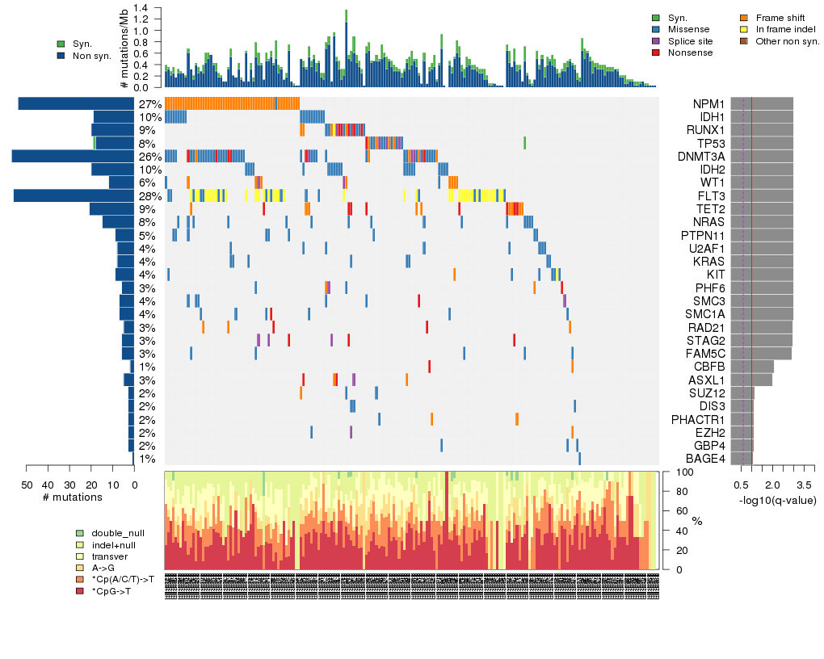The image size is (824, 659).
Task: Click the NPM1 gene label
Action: pos(708,104)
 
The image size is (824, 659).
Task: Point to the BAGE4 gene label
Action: pos(705,459)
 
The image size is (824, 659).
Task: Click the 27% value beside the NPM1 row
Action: pos(149,104)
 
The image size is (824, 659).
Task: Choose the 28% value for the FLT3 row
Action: pos(149,195)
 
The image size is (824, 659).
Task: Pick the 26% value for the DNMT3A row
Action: pos(149,157)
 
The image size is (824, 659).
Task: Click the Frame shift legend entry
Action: pos(776,17)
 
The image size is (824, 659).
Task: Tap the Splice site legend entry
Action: pos(692,40)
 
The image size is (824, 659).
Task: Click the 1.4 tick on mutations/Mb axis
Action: pos(142,7)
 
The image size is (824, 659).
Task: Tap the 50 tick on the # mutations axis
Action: pos(27,485)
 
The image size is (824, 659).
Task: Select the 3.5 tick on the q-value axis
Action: pos(805,485)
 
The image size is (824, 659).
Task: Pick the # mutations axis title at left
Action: pos(73,497)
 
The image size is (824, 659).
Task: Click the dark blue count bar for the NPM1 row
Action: pos(76,103)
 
